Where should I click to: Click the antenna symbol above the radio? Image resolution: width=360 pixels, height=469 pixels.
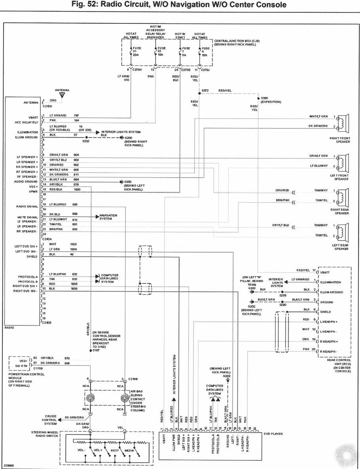click(x=62, y=95)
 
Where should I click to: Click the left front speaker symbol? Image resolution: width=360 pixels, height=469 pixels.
click(x=343, y=161)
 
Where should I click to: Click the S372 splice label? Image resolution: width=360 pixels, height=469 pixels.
click(x=205, y=91)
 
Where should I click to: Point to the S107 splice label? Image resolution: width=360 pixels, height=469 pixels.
click(x=96, y=350)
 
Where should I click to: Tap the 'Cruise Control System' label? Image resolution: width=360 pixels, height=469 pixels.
click(x=50, y=420)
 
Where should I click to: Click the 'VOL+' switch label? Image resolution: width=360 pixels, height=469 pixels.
click(x=98, y=451)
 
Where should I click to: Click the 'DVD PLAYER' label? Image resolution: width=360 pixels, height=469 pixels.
click(x=273, y=434)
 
